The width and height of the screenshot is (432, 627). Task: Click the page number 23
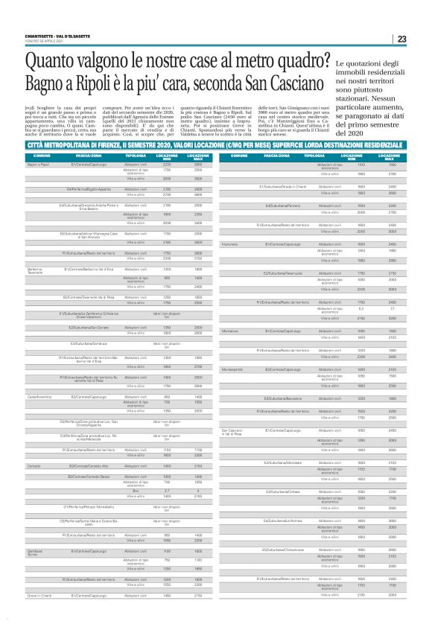[401, 39]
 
